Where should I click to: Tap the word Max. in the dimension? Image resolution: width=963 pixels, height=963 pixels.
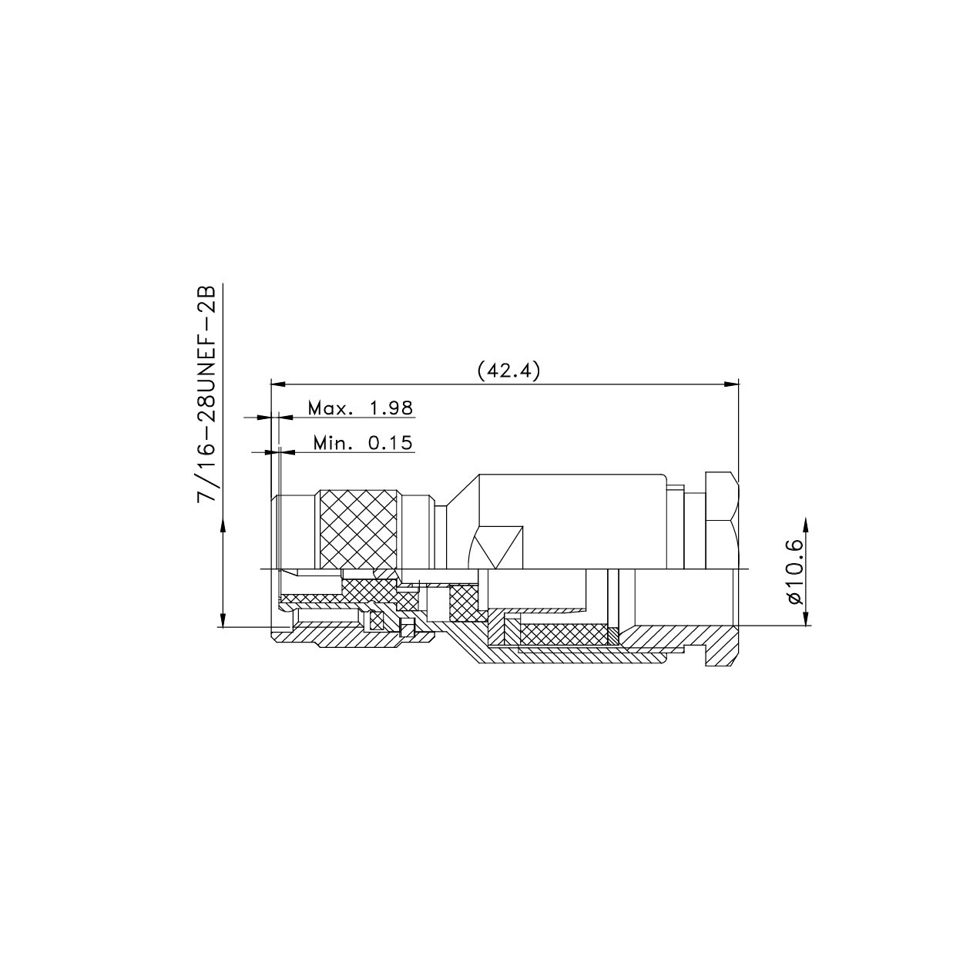pos(330,408)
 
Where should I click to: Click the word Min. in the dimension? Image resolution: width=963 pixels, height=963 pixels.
pos(334,443)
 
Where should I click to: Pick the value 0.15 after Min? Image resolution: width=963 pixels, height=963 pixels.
pos(390,443)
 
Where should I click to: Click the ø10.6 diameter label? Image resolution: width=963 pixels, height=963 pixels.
pos(794,571)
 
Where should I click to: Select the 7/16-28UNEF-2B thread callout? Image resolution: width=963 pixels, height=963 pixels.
pos(210,394)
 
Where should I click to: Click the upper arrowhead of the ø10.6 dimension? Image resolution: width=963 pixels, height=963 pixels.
pos(807,523)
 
